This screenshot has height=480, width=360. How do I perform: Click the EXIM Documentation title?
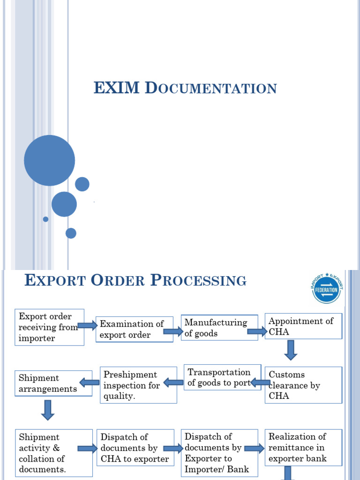pyautogui.click(x=185, y=88)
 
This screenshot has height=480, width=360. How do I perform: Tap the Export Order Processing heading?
pyautogui.click(x=135, y=281)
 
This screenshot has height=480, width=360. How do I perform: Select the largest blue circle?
pyautogui.click(x=49, y=160)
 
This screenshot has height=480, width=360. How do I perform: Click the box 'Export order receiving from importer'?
pyautogui.click(x=49, y=327)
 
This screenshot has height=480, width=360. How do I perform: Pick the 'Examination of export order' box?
pyautogui.click(x=135, y=330)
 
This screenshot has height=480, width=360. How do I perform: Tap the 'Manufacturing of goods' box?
pyautogui.click(x=219, y=328)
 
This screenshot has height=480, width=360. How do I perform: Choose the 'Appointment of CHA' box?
pyautogui.click(x=303, y=326)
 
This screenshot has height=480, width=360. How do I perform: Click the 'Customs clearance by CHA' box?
pyautogui.click(x=303, y=385)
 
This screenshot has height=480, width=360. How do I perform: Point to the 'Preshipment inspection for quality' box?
pyautogui.click(x=138, y=385)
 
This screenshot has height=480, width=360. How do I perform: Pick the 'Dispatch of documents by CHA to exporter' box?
pyautogui.click(x=135, y=448)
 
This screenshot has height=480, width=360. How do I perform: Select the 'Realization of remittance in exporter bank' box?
pyautogui.click(x=303, y=448)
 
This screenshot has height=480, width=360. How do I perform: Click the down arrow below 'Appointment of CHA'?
pyautogui.click(x=291, y=350)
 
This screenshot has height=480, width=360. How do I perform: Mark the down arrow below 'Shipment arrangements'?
pyautogui.click(x=48, y=410)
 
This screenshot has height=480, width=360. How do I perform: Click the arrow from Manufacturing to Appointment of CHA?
pyautogui.click(x=257, y=332)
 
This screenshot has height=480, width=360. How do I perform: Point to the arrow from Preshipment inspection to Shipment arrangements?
pyautogui.click(x=89, y=382)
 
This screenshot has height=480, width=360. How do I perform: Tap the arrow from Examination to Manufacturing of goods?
pyautogui.click(x=172, y=332)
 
